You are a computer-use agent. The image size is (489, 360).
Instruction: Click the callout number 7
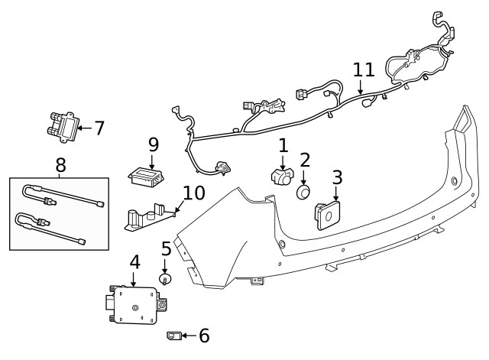(99, 128)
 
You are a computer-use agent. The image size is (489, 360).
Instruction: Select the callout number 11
(364, 70)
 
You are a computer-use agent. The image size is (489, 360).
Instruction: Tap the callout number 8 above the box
(60, 164)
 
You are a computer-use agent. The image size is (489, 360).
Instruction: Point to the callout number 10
(194, 193)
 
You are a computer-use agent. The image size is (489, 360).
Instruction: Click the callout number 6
(204, 335)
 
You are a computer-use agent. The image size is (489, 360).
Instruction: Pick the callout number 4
(134, 262)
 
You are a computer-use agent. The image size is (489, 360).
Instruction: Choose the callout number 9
(153, 144)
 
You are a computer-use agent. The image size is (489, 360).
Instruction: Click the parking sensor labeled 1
(282, 176)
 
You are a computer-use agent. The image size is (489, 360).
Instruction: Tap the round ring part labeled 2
(305, 192)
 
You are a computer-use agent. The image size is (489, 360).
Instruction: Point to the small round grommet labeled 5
(165, 281)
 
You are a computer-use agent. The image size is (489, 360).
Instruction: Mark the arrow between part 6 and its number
(188, 335)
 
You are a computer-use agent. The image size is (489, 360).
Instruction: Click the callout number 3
(337, 178)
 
